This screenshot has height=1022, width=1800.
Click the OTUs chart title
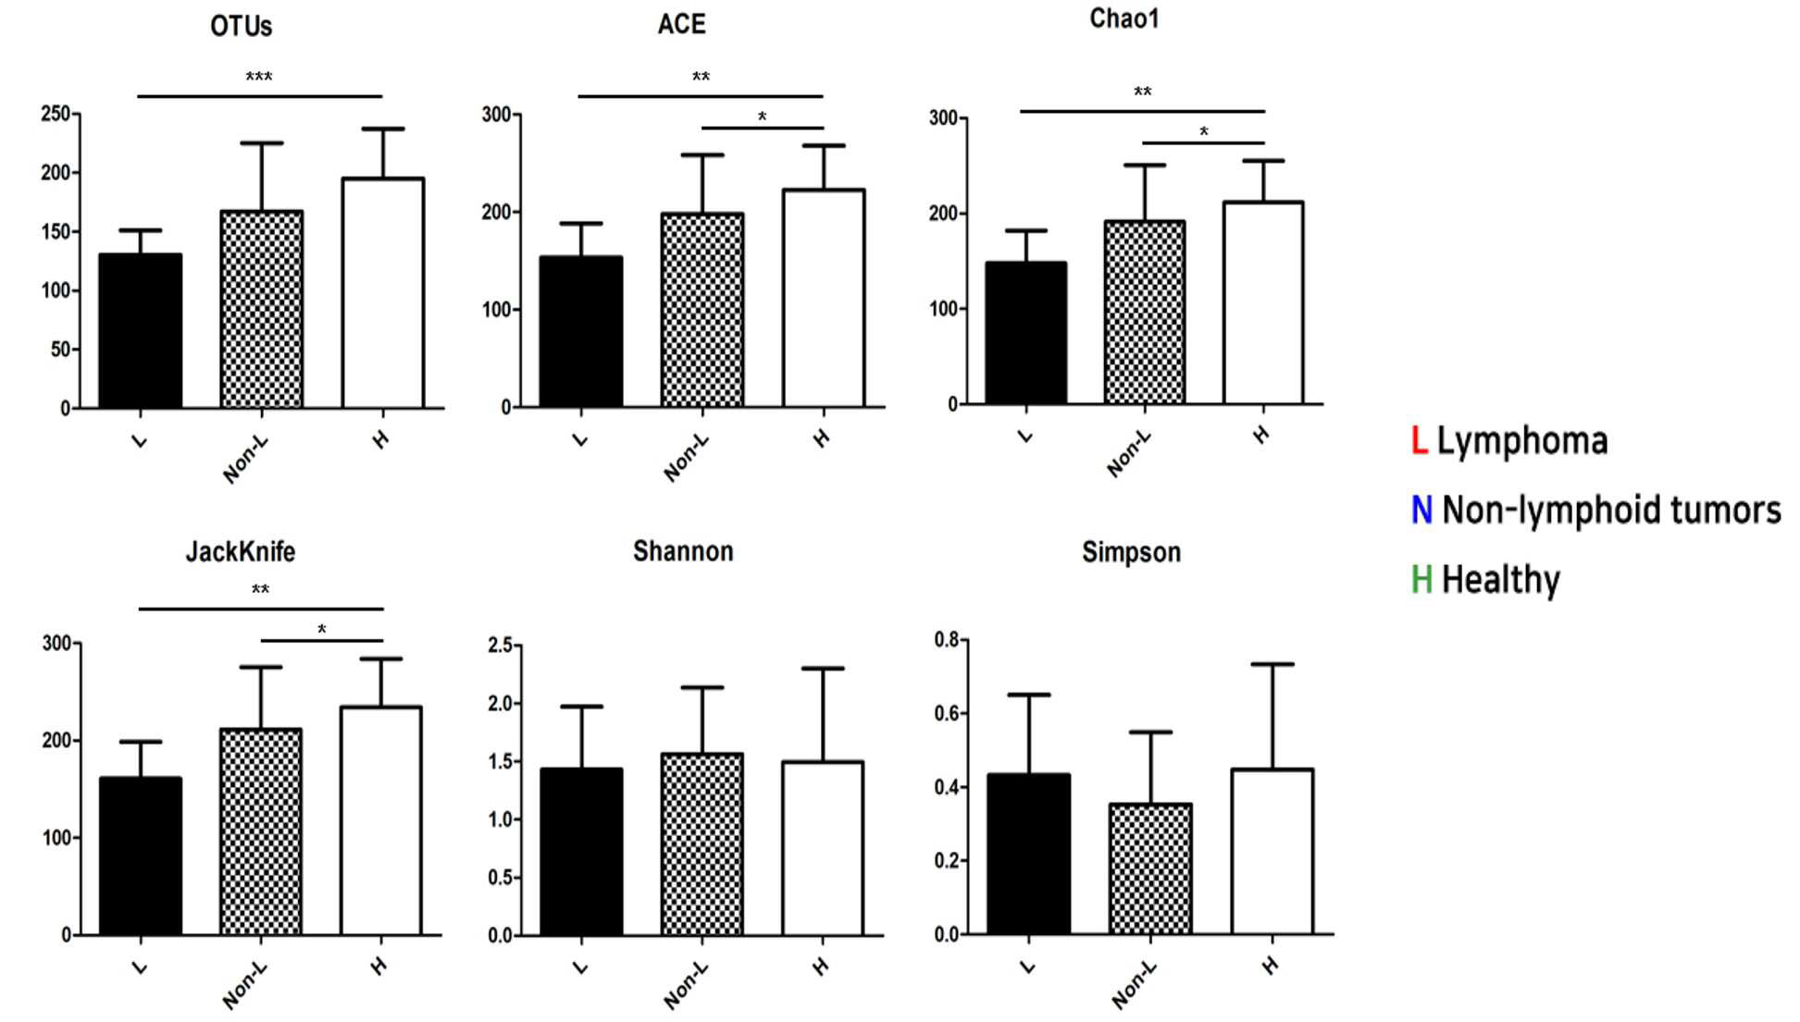[241, 26]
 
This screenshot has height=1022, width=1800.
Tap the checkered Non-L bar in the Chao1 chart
[1145, 313]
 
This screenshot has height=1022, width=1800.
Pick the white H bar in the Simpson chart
[1272, 852]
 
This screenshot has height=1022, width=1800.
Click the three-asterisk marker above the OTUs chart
[259, 78]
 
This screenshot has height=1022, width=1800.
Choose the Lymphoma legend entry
[1509, 440]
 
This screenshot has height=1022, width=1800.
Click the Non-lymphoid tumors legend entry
[1596, 510]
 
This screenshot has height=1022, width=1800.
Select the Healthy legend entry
[1485, 580]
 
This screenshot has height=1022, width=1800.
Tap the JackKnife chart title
[241, 552]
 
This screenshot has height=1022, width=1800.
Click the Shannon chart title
[683, 551]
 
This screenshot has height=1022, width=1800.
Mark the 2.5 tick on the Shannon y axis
[500, 645]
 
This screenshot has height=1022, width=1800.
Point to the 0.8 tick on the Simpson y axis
[946, 639]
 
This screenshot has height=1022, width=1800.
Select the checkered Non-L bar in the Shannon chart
[702, 844]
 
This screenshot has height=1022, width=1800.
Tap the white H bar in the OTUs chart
[383, 293]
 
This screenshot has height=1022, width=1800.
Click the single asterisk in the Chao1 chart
[1204, 132]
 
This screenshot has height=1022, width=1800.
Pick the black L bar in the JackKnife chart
[141, 856]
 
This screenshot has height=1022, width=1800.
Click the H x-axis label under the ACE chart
[821, 437]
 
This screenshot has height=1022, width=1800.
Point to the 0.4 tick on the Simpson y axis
[946, 787]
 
